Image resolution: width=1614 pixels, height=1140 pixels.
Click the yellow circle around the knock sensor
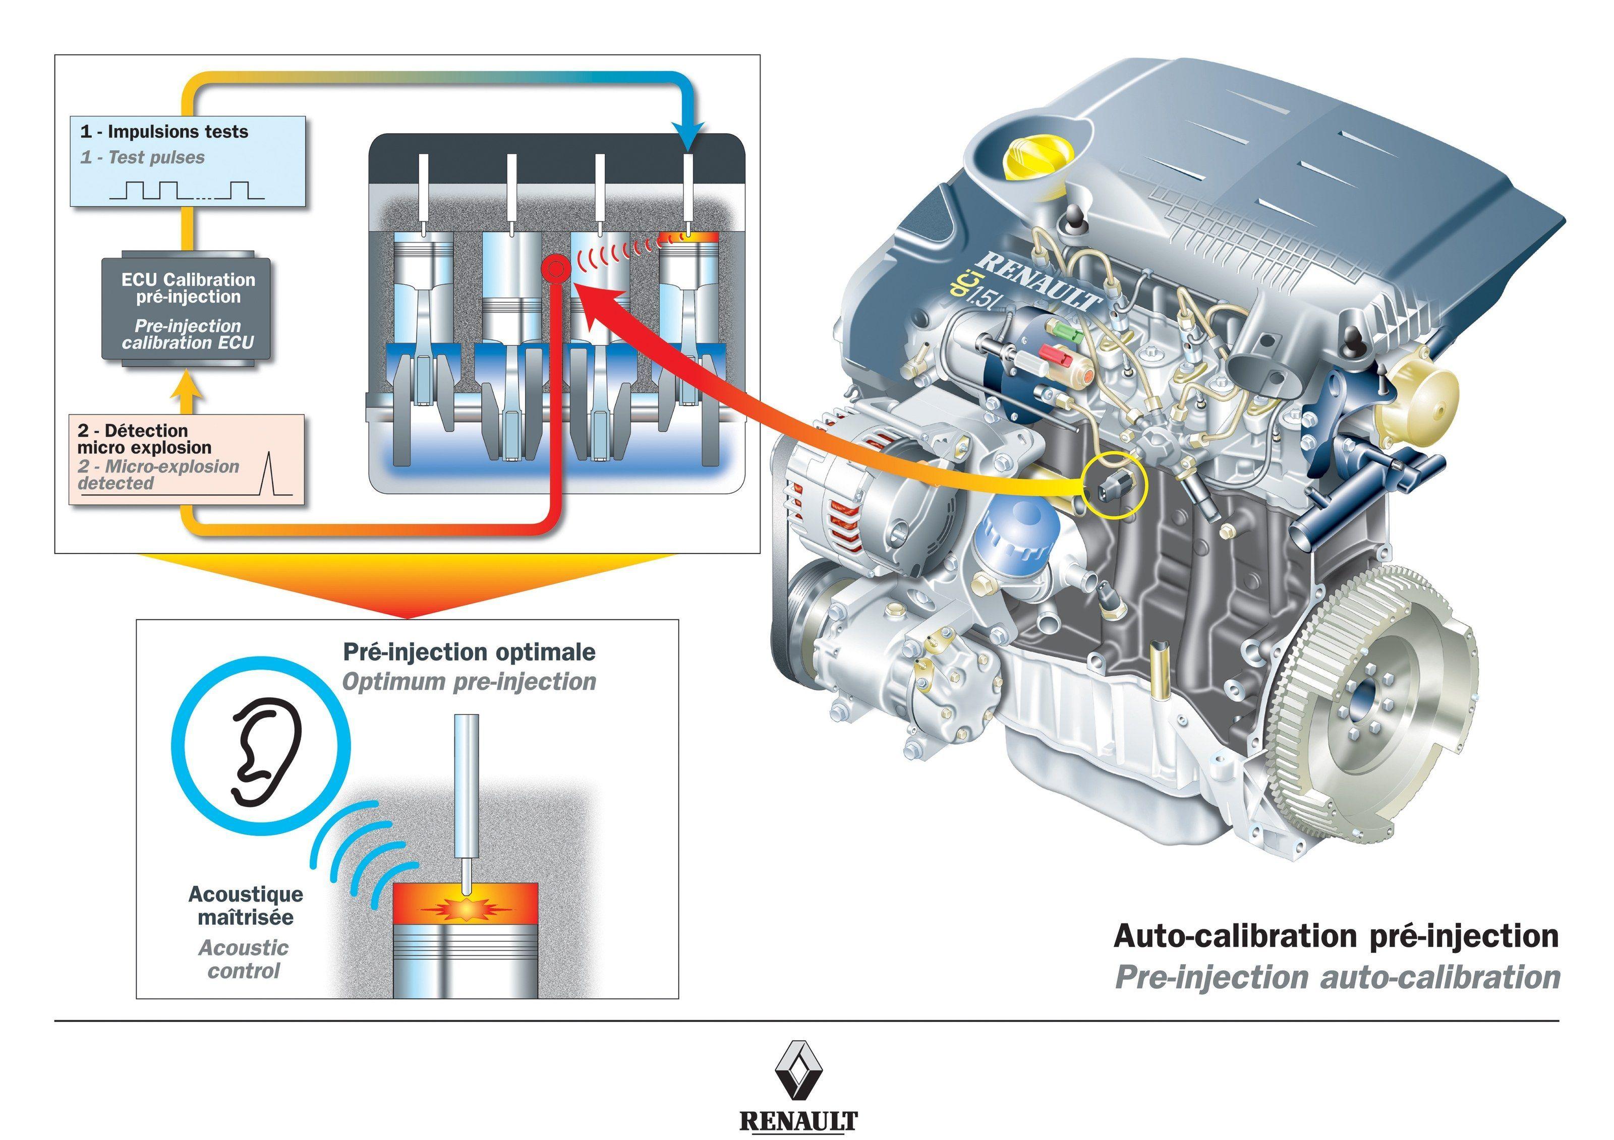1114,486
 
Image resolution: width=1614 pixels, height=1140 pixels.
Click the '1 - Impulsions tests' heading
164,132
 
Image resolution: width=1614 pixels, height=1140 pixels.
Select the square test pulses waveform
186,189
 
